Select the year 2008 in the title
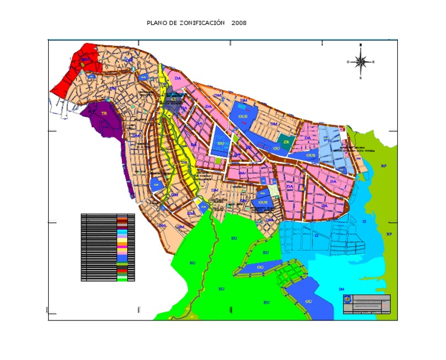[x=239, y=23]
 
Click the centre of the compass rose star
[x=361, y=61]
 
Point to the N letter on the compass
[x=361, y=45]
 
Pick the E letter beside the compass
[x=373, y=62]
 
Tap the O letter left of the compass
[x=348, y=62]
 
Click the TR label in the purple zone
[x=104, y=114]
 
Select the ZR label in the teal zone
[x=285, y=141]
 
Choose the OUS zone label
[x=311, y=155]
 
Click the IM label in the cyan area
[x=341, y=289]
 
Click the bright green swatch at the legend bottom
[x=122, y=279]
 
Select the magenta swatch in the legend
[x=122, y=247]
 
